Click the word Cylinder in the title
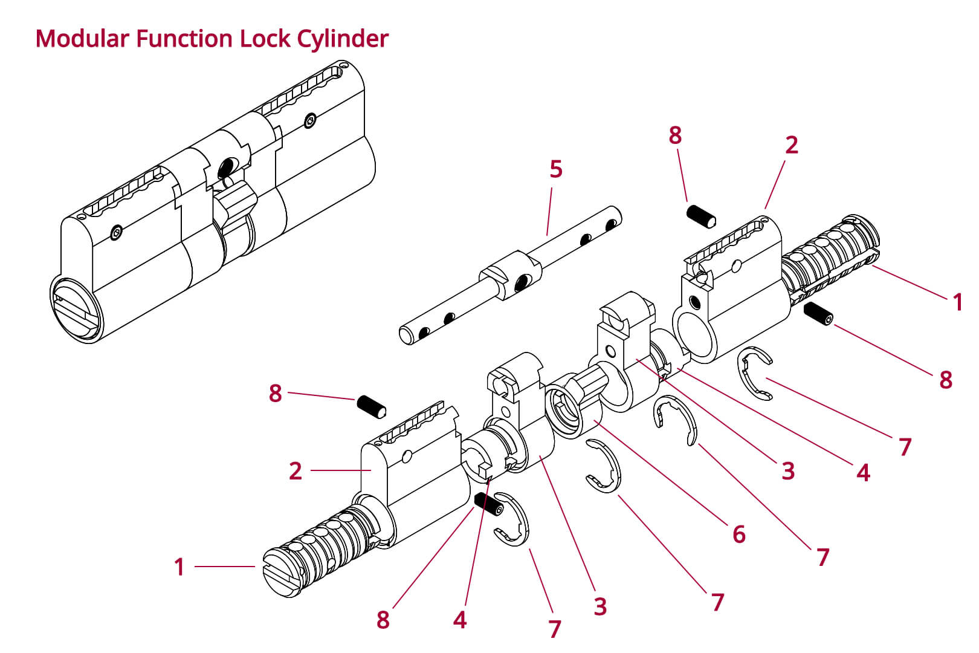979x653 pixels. pos(342,39)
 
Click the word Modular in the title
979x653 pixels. pos(82,39)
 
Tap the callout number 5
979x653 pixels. pos(555,169)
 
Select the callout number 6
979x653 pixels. pos(738,534)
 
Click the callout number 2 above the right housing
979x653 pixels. pos(791,145)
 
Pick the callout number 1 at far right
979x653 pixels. pos(957,302)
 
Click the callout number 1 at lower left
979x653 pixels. pos(179,567)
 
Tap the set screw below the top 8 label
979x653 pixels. pos(702,216)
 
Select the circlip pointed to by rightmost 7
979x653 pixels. pos(755,373)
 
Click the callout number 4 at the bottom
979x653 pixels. pos(460,620)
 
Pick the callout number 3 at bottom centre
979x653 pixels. pos(599,606)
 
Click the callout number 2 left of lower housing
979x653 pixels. pos(295,470)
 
